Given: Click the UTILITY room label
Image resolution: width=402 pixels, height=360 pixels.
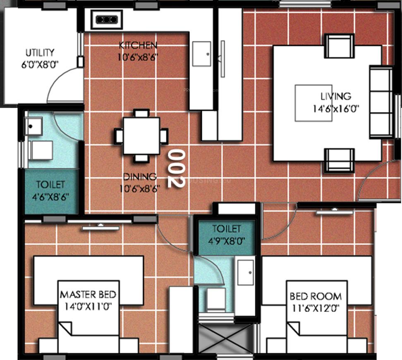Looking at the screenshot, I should [x=40, y=53].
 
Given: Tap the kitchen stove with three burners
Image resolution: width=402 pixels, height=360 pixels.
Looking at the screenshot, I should [x=107, y=19].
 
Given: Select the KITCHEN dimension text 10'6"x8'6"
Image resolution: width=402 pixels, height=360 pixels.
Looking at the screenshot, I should [x=137, y=55].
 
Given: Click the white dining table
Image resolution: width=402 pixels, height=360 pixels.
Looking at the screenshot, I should [x=141, y=135].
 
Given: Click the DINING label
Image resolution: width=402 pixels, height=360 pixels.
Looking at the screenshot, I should [x=140, y=177].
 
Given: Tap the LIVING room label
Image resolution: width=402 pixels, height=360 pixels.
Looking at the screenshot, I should [x=335, y=96].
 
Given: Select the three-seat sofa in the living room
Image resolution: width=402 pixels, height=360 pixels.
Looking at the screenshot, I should [x=381, y=101].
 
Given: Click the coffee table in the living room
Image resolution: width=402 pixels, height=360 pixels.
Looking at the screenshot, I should [x=313, y=103].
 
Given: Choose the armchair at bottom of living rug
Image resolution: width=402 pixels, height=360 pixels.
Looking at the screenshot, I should [x=339, y=160].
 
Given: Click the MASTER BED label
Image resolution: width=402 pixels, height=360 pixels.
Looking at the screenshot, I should [x=88, y=295].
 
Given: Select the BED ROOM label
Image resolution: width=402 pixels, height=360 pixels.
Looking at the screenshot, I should [x=316, y=296].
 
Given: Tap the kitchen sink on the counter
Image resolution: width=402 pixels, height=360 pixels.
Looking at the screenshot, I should [x=202, y=53].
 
